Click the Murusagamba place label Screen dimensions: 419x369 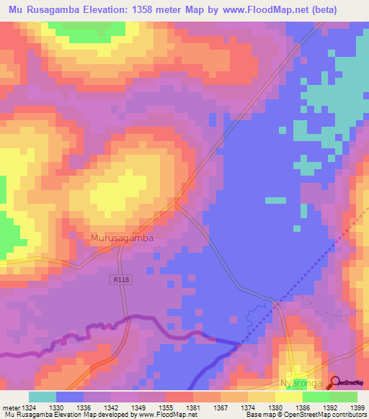[x=122, y=237]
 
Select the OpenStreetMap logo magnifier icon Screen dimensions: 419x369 [x=334, y=383]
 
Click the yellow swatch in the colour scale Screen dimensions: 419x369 [x=288, y=397]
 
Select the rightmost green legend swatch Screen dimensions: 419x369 [x=344, y=397]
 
